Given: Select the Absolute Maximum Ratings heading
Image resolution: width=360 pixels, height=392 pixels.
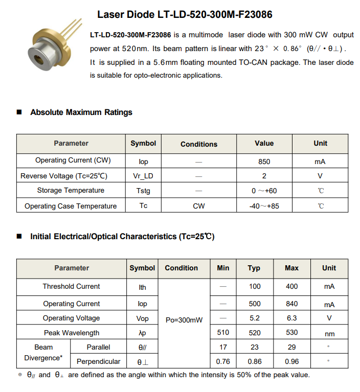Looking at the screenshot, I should click(x=81, y=112).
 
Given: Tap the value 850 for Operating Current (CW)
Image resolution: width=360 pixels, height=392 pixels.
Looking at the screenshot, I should click(x=264, y=162).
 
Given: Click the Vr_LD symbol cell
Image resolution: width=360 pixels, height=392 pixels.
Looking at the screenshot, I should click(x=143, y=176).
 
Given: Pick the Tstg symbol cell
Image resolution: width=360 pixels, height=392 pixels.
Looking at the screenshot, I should click(x=143, y=191).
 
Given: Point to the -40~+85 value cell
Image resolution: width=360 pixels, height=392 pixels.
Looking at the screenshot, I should click(x=264, y=206).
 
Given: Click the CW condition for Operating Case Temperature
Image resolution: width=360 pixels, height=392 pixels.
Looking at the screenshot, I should click(x=198, y=206).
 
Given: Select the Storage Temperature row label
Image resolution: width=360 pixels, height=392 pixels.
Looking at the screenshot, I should click(x=71, y=191).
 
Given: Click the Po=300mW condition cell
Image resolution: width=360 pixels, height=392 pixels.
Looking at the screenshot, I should click(x=184, y=320).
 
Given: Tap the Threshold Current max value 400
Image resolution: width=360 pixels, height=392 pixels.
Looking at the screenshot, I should click(x=291, y=287).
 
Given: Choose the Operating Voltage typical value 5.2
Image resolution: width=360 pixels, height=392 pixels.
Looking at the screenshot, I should click(x=254, y=318).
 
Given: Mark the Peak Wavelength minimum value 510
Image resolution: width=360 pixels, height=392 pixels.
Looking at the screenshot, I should click(x=223, y=333).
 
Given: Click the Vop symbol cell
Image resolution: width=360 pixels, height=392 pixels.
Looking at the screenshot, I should click(x=143, y=318).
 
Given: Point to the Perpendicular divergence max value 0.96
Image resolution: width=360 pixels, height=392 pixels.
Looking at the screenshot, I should click(x=291, y=362).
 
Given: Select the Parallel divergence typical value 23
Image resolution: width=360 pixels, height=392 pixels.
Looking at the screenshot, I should click(x=254, y=348).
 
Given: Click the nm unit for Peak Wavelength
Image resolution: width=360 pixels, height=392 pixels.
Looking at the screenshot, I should click(x=329, y=334).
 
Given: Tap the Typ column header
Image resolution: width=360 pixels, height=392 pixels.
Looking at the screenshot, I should click(x=254, y=268).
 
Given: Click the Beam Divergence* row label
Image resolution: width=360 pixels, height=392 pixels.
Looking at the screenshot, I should click(x=43, y=353).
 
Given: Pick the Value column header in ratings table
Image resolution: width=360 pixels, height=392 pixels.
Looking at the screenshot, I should click(x=264, y=144).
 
